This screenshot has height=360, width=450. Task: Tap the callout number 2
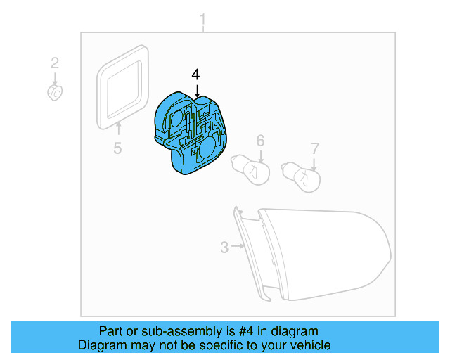click(x=55, y=63)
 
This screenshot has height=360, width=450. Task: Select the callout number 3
click(x=224, y=247)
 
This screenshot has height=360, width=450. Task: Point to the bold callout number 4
click(x=196, y=74)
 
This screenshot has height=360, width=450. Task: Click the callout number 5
click(x=117, y=148)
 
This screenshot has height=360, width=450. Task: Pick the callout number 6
click(x=259, y=141)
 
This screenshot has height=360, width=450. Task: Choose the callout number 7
click(x=315, y=148)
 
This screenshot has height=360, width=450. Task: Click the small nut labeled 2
click(x=55, y=91)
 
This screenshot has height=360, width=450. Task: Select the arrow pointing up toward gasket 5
click(x=118, y=128)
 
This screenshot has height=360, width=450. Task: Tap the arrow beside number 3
click(x=238, y=247)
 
